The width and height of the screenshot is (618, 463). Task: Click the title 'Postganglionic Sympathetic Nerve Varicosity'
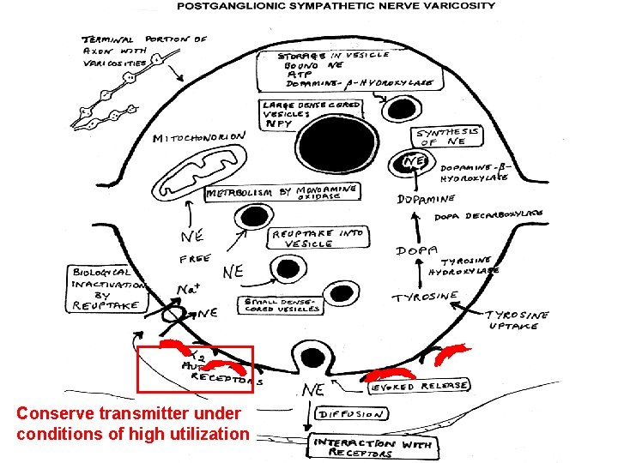(336, 6)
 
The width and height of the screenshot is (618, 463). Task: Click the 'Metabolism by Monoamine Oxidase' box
(281, 194)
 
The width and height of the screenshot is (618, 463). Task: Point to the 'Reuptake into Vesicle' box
(318, 238)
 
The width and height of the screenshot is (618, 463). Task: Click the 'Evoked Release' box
(420, 385)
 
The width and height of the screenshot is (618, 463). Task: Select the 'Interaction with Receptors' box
(373, 448)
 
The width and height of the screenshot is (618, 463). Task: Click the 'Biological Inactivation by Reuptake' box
(106, 288)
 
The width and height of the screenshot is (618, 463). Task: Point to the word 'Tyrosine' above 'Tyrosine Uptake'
(426, 298)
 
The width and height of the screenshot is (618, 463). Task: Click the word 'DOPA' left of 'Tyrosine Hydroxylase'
(413, 251)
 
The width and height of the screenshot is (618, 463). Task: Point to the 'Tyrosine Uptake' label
(518, 320)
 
